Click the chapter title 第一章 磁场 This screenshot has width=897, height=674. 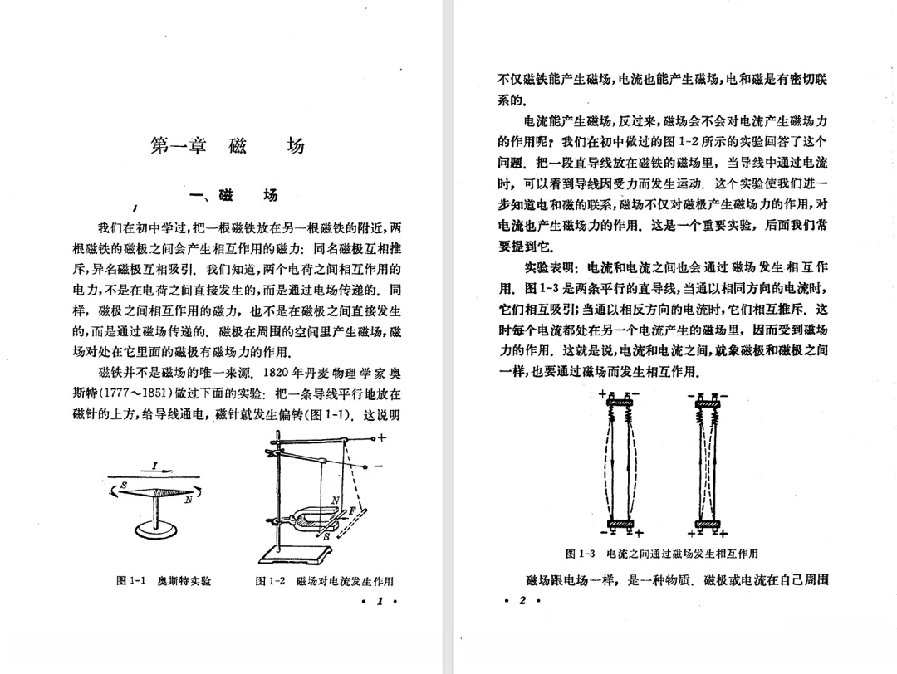pos(227,146)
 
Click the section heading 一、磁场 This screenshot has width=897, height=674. pos(234,195)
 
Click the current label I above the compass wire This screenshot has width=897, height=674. pos(154,466)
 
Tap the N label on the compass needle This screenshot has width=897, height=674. pos(188,500)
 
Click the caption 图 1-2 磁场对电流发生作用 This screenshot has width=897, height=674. pos(325,580)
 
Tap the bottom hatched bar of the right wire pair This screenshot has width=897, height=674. pos(708,524)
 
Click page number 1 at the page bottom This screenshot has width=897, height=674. pos(377,601)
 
